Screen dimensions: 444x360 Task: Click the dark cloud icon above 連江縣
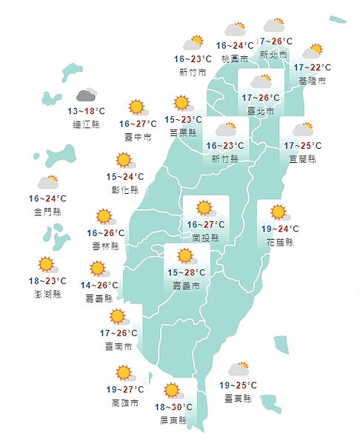click(87, 95)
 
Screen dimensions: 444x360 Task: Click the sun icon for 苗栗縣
click(181, 103)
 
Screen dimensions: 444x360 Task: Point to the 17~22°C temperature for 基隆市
click(312, 67)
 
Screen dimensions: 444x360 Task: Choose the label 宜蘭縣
click(301, 159)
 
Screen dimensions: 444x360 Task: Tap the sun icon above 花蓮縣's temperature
click(279, 212)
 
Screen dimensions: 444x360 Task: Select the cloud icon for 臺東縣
click(239, 369)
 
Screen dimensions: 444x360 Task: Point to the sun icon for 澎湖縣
click(47, 264)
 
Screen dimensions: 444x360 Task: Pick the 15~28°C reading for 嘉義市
click(182, 272)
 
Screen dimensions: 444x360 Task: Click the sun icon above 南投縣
click(204, 208)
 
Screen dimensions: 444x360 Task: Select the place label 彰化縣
click(124, 189)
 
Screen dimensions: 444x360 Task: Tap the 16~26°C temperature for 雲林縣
click(105, 232)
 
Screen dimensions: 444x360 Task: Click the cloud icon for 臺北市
click(261, 82)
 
